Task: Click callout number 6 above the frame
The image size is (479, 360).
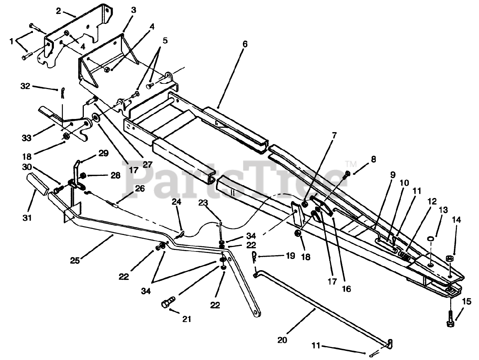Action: tap(245, 44)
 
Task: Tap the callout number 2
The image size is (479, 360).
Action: tap(58, 11)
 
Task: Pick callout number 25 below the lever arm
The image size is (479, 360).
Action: tap(75, 260)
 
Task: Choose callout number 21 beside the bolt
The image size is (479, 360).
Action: tap(187, 319)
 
